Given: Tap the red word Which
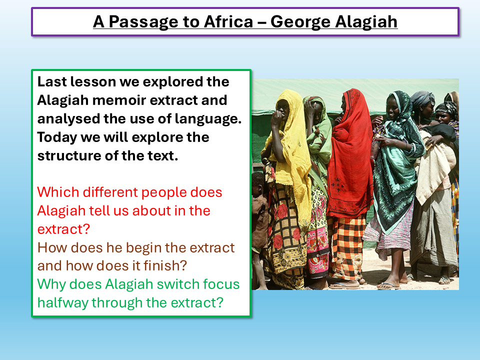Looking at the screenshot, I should (57, 192).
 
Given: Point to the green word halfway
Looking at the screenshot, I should (64, 302).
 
